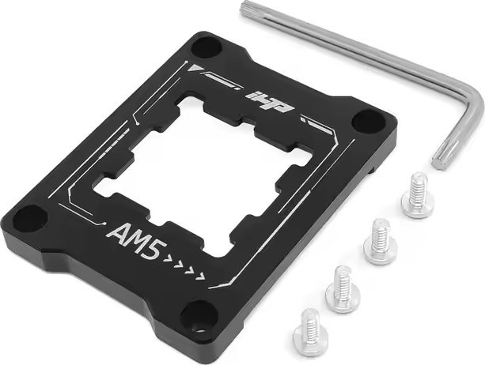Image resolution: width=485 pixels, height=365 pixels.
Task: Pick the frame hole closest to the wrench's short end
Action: (x=366, y=122)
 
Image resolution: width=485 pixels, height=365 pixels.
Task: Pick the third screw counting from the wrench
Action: (x=343, y=288)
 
